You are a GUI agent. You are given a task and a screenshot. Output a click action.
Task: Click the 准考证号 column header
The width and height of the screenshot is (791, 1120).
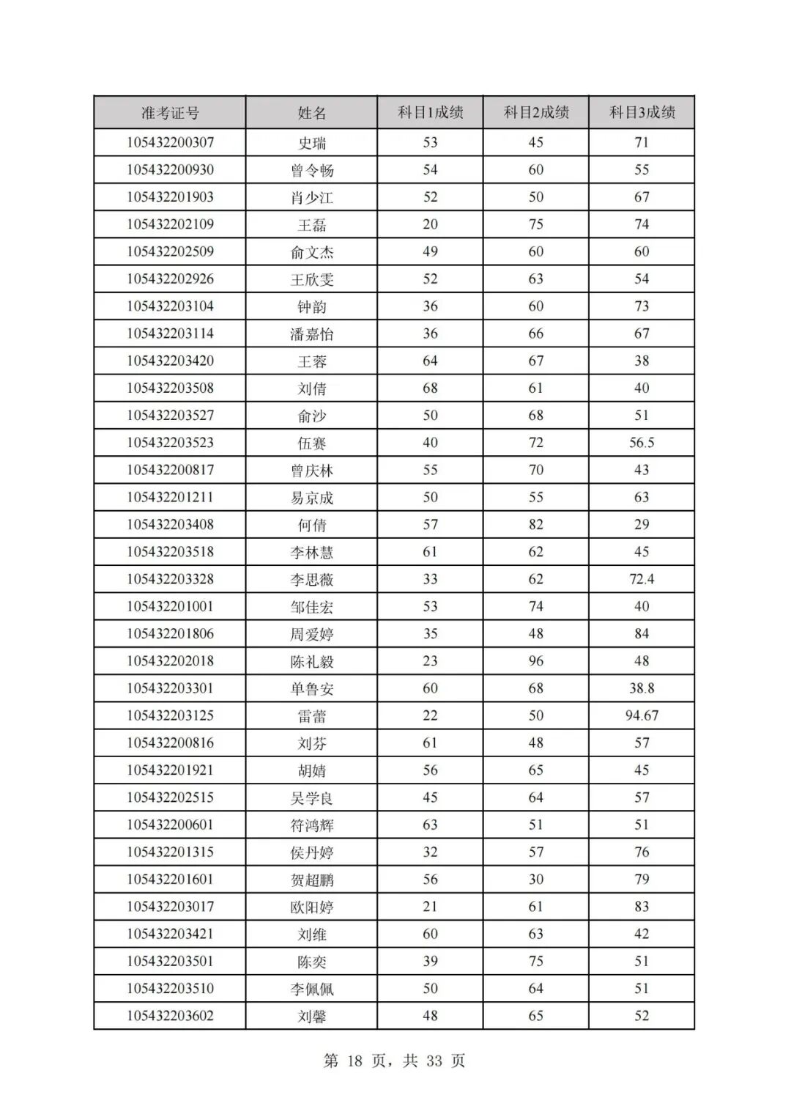click(170, 113)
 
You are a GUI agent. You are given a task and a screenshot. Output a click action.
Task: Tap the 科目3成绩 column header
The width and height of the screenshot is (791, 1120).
click(642, 112)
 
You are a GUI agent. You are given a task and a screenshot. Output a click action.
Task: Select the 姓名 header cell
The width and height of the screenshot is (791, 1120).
click(312, 113)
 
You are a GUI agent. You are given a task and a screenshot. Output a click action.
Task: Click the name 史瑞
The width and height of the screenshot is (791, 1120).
click(312, 143)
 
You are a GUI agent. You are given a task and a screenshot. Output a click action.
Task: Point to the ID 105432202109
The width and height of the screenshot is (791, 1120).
click(170, 224)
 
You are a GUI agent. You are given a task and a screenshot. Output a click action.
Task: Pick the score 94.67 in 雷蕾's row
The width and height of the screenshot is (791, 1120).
click(642, 715)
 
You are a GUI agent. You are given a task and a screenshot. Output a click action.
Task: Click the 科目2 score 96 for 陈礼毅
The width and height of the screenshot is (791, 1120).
click(536, 661)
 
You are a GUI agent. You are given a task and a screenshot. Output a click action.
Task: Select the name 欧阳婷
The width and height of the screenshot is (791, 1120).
click(312, 907)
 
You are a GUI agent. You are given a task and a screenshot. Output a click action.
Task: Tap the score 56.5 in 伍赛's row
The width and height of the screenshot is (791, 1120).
click(642, 443)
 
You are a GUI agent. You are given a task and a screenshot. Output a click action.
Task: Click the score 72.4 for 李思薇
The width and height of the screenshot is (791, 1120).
click(642, 579)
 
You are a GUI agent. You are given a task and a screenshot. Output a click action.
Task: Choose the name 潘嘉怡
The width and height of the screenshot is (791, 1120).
click(312, 334)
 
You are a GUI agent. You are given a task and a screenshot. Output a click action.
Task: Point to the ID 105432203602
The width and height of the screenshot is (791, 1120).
click(170, 1016)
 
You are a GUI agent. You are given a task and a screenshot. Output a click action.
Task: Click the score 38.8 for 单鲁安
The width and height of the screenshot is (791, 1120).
click(642, 688)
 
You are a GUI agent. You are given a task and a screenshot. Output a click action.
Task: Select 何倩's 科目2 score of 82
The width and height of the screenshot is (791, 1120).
click(536, 525)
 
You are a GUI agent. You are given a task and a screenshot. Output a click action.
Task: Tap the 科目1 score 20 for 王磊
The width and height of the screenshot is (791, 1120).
click(430, 224)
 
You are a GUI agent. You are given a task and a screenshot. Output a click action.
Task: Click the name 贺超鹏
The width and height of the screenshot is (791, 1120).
click(312, 880)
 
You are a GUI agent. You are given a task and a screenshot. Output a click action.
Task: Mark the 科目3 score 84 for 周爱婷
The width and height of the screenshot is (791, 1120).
click(642, 634)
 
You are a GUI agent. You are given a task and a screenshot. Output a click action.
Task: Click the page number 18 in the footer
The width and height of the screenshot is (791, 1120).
click(355, 1061)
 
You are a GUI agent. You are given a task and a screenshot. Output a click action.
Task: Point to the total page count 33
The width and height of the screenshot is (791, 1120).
click(434, 1061)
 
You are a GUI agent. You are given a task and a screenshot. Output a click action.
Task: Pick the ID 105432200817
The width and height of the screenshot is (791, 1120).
click(170, 470)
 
